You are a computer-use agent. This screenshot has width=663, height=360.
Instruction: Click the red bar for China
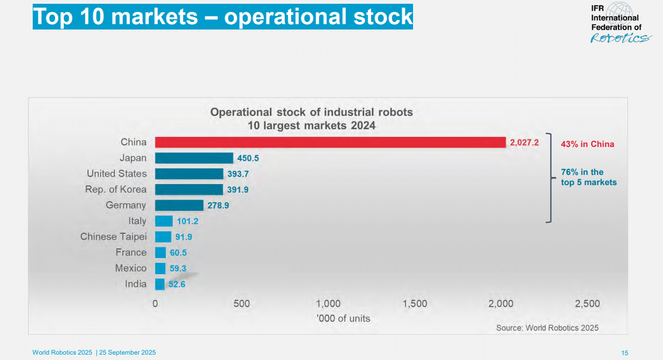point(330,142)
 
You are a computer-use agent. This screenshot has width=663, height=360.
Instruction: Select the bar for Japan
point(194,158)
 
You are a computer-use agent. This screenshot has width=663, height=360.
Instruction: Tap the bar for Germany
point(179,205)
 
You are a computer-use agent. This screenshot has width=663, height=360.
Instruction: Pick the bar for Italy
point(164,221)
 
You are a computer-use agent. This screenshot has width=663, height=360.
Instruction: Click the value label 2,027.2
point(524,142)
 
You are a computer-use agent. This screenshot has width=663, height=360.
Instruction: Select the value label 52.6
point(177,284)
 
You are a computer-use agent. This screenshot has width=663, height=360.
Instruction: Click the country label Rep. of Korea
point(116,189)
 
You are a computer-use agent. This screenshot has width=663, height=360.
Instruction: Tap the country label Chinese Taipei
point(113,237)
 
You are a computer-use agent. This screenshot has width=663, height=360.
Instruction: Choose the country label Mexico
point(130,268)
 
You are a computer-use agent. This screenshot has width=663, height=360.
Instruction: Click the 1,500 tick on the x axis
point(415,304)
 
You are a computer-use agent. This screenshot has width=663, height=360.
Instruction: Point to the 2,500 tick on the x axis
point(587,304)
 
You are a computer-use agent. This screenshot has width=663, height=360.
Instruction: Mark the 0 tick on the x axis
point(156,304)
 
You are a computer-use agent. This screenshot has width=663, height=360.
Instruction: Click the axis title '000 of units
point(343,318)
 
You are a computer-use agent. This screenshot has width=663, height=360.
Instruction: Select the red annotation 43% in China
point(587,144)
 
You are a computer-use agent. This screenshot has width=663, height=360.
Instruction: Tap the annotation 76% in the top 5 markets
point(588,177)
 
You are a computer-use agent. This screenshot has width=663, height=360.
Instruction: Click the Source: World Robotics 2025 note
point(547,328)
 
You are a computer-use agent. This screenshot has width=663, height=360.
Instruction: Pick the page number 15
point(624,352)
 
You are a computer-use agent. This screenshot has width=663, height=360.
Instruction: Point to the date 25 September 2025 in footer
point(128,352)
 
